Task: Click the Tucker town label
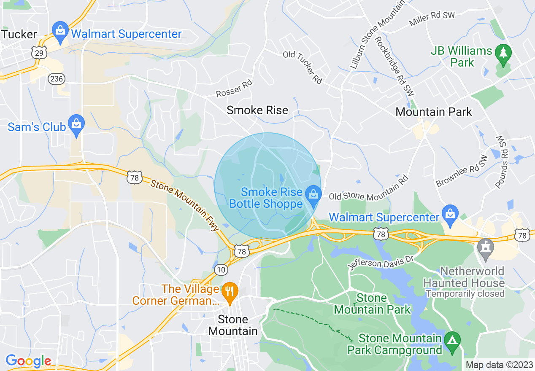[19, 34]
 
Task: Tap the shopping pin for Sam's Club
[76, 124]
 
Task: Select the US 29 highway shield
[38, 52]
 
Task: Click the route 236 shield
[57, 78]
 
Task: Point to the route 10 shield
[221, 270]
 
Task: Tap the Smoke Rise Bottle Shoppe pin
[313, 196]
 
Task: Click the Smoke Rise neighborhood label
[257, 110]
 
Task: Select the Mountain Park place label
[434, 112]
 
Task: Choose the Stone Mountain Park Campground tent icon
[452, 339]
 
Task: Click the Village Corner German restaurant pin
[230, 292]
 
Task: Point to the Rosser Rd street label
[234, 89]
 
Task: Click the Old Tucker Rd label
[303, 67]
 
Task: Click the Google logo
[28, 361]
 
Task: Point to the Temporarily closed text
[465, 293]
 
